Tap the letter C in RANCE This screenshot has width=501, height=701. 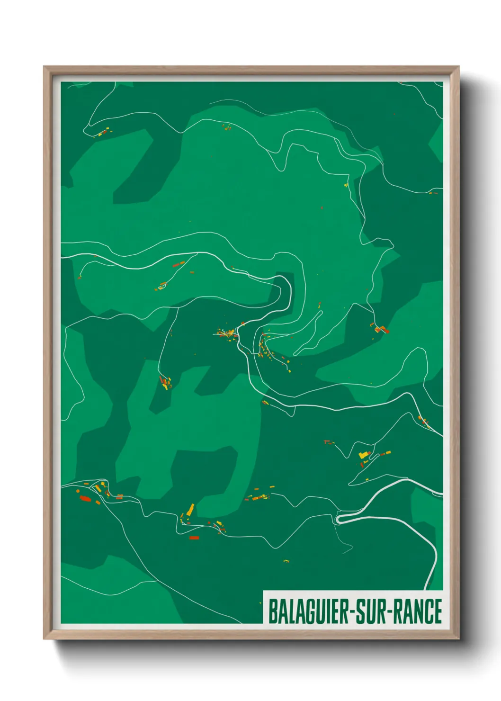click(x=427, y=611)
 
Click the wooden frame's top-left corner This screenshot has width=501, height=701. click(x=44, y=67)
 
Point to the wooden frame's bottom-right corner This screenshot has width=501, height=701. click(x=458, y=639)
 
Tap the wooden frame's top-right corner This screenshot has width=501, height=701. click(x=458, y=67)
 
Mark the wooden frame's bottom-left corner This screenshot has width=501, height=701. click(x=44, y=639)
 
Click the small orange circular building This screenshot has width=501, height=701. click(x=78, y=491)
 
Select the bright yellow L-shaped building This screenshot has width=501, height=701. click(x=363, y=455)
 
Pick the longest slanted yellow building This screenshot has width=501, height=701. click(x=190, y=510)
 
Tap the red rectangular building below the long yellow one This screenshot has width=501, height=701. click(x=194, y=538)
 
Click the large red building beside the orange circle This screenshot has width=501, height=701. click(x=85, y=498)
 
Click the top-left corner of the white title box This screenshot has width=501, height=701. click(x=263, y=591)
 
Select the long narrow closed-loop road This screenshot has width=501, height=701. click(x=308, y=333)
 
